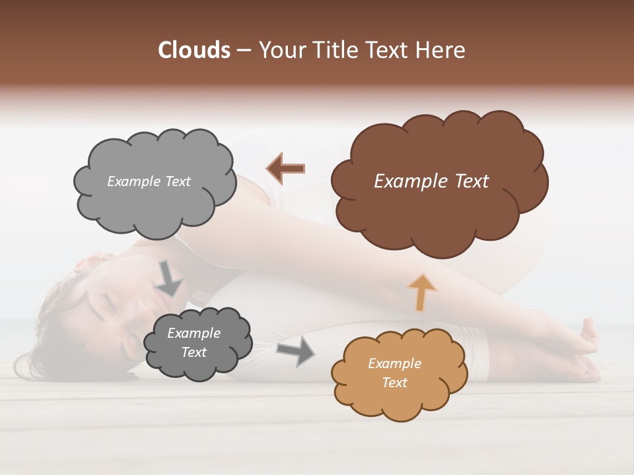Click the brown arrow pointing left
(286, 169)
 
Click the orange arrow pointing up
(421, 292)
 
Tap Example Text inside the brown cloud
(431, 181)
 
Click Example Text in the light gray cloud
(149, 181)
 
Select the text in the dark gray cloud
(194, 342)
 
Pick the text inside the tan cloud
(394, 373)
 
